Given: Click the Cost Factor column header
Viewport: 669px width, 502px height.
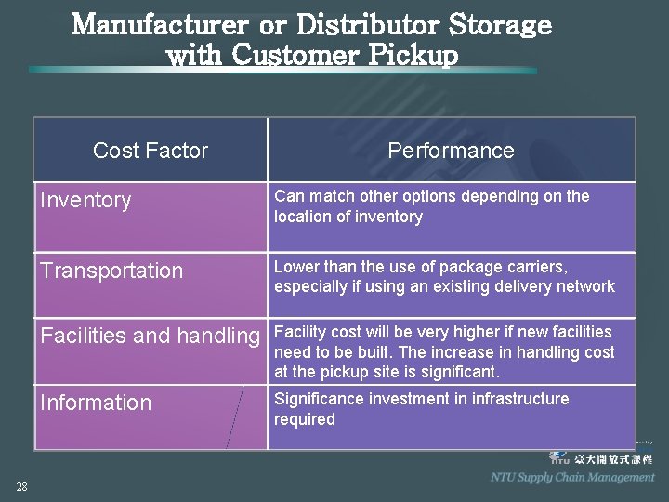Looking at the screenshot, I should click(x=151, y=151).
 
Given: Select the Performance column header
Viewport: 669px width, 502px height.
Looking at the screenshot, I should click(x=451, y=151).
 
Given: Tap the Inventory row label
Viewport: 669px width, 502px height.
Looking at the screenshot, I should click(x=85, y=200).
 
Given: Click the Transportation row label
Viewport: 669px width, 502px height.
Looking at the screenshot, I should click(x=111, y=271).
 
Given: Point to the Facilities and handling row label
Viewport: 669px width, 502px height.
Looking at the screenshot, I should click(x=150, y=336).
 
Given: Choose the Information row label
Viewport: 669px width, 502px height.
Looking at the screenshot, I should click(x=95, y=403).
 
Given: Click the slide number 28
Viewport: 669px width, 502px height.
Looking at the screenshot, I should click(x=21, y=486).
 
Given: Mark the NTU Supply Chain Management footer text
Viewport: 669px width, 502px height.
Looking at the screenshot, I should click(x=572, y=477).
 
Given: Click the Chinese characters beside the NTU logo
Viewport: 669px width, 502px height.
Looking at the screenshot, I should click(x=613, y=459).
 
